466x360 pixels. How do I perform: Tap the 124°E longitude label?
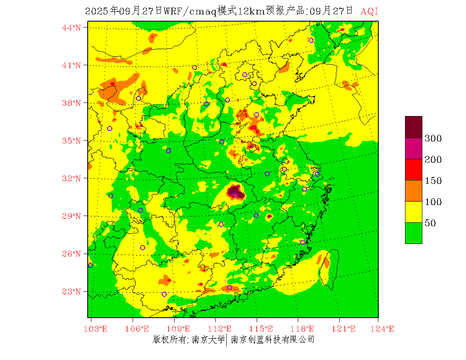pyautogui.click(x=385, y=329)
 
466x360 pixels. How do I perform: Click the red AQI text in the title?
pyautogui.click(x=369, y=11)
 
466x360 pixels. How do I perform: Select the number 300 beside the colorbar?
pyautogui.click(x=433, y=138)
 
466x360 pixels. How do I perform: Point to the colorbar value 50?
pyautogui.click(x=430, y=223)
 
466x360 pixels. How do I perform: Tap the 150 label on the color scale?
pyautogui.click(x=433, y=181)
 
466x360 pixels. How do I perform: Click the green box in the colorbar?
pyautogui.click(x=413, y=233)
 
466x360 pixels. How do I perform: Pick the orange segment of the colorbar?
pyautogui.click(x=413, y=191)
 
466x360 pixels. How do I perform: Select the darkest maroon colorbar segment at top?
pyautogui.click(x=413, y=127)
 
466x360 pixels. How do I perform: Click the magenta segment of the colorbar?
pyautogui.click(x=413, y=148)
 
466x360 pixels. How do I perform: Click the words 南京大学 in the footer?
pyautogui.click(x=208, y=340)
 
